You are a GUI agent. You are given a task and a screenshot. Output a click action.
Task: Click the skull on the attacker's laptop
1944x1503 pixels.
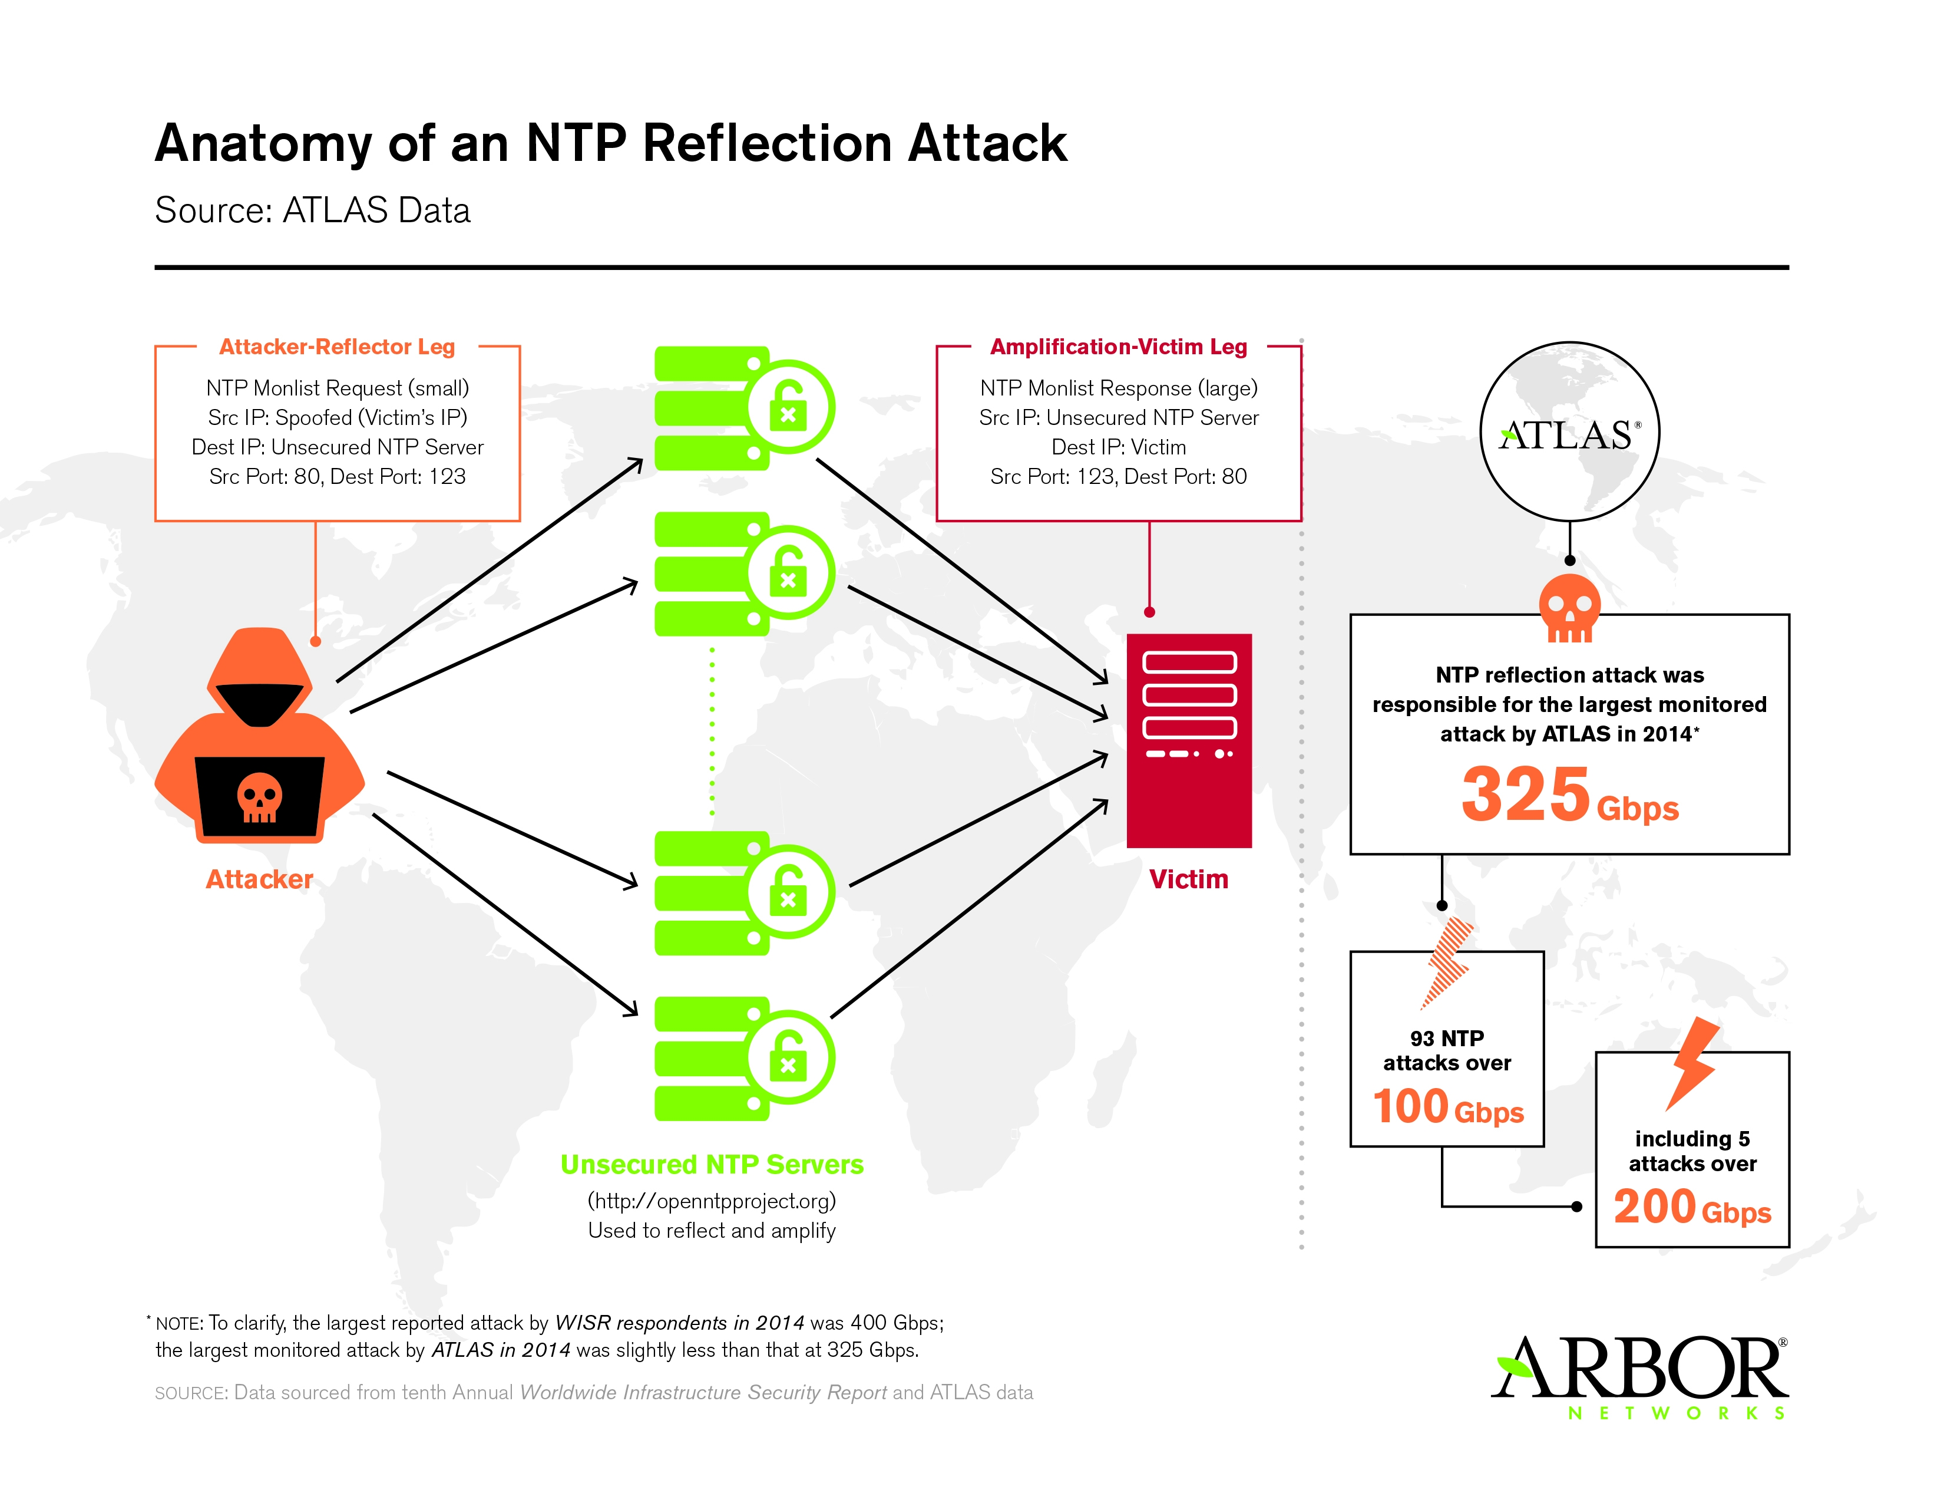click(x=259, y=797)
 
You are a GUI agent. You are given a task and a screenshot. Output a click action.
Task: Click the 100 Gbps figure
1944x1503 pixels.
click(x=1447, y=1107)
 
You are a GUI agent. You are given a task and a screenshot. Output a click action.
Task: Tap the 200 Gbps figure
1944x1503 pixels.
click(x=1691, y=1207)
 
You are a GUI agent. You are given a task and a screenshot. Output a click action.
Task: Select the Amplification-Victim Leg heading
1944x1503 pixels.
click(x=1118, y=347)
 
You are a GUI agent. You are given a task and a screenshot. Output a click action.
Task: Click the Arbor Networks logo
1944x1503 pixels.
click(x=1639, y=1376)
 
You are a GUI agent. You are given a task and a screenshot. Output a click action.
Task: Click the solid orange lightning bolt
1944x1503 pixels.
click(x=1692, y=1062)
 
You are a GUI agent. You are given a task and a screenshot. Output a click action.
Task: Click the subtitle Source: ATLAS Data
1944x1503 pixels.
click(x=312, y=210)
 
